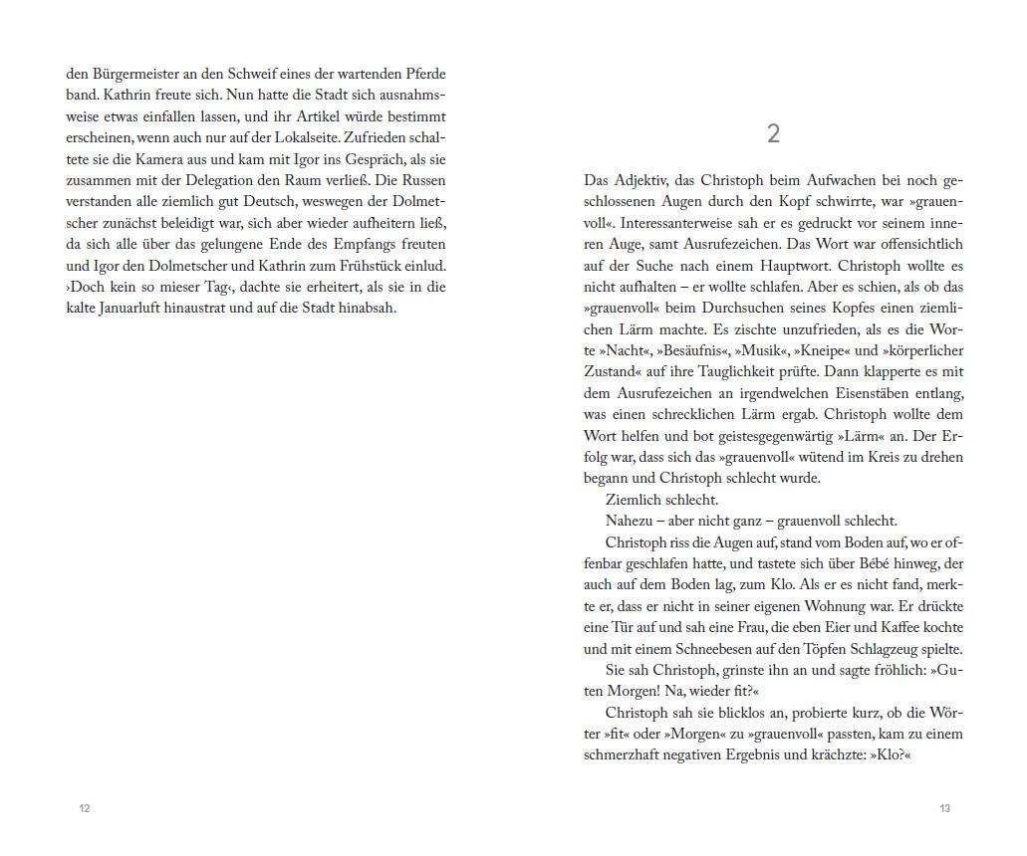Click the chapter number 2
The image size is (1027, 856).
773,134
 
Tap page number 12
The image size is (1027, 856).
85,808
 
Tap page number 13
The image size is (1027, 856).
944,808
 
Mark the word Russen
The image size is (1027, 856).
422,180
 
